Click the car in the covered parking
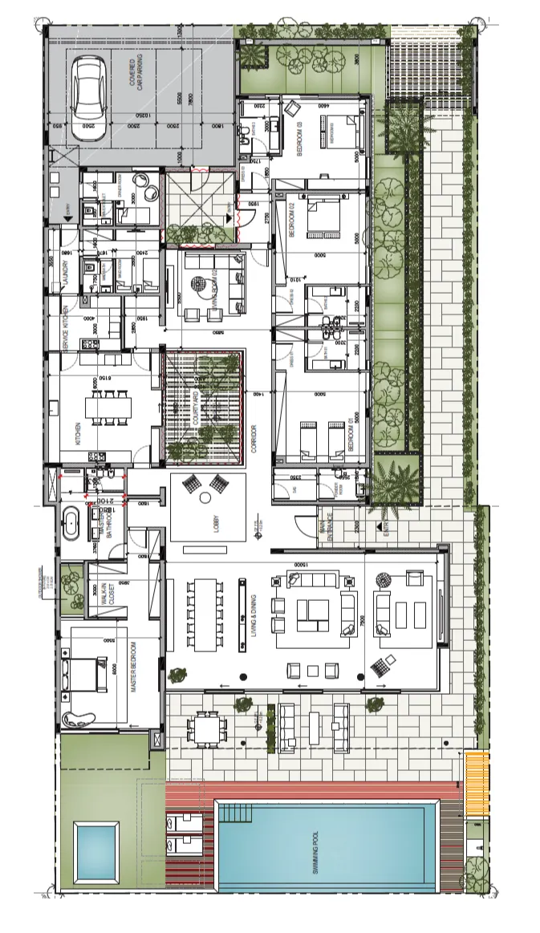click(87, 97)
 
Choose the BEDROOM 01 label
click(351, 431)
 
